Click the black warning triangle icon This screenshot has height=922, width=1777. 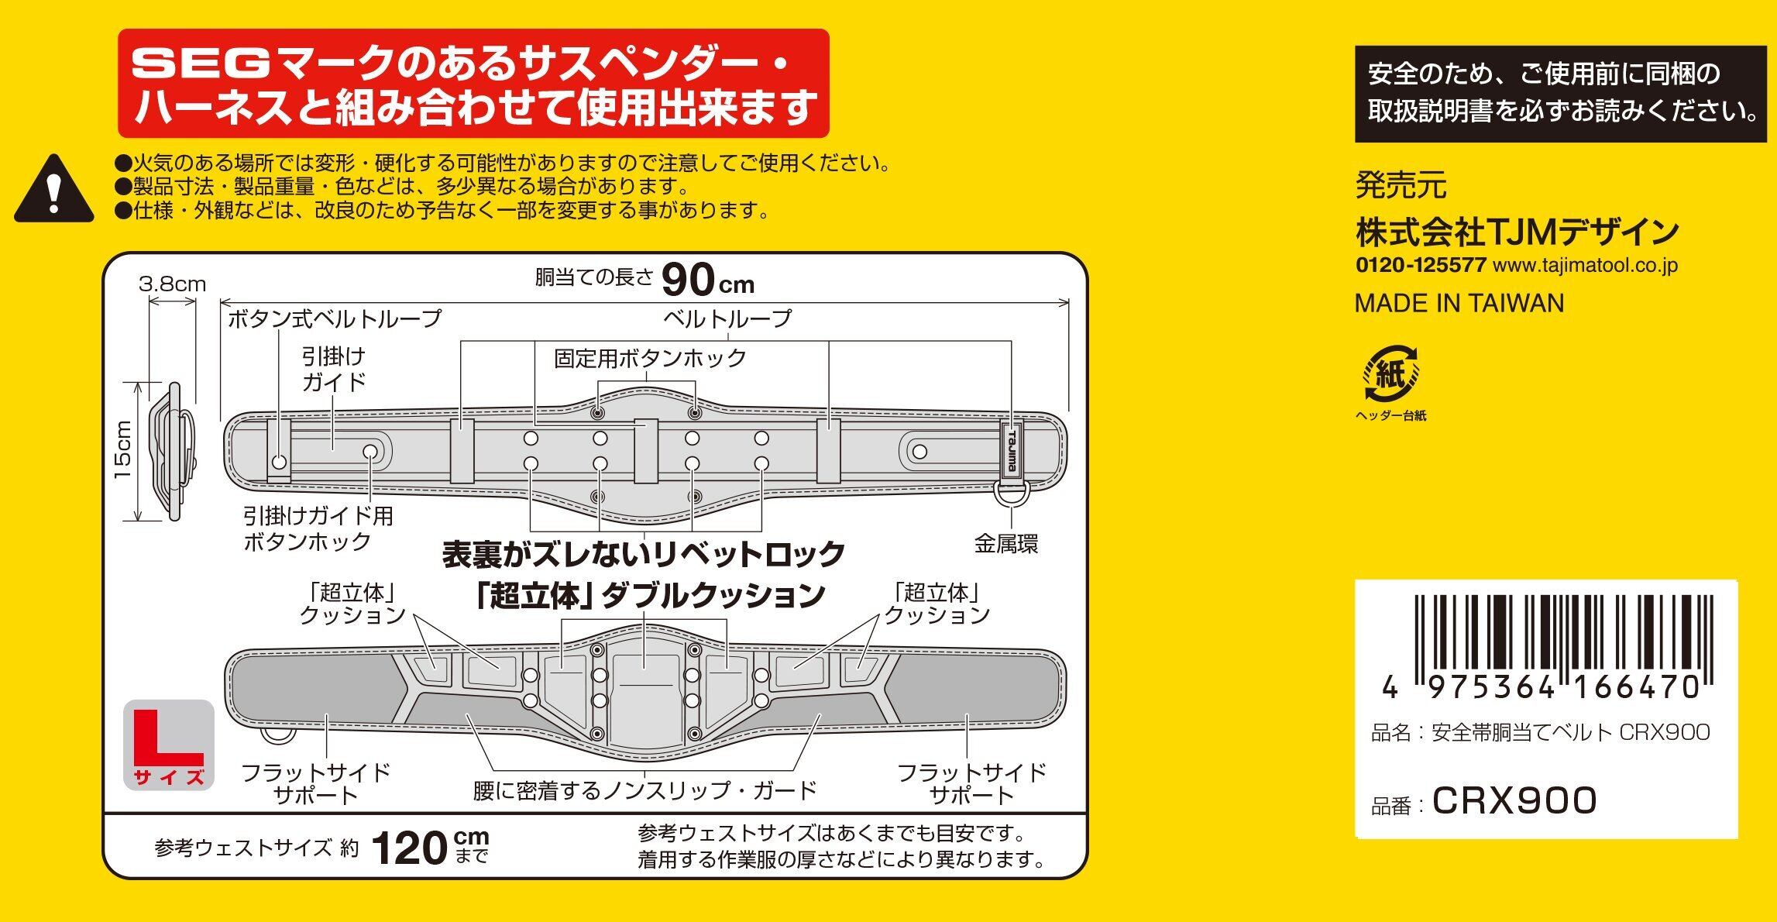(x=53, y=191)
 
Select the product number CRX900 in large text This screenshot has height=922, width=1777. (x=1514, y=801)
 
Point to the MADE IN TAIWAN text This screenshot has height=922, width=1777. (x=1459, y=303)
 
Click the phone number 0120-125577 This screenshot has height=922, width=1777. (x=1420, y=265)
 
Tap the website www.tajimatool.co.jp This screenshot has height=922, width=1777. (x=1584, y=266)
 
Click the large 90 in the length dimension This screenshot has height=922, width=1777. (x=688, y=280)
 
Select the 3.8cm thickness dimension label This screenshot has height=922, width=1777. (x=172, y=284)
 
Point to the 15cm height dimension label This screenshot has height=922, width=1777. (x=123, y=450)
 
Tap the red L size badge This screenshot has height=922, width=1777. (x=169, y=745)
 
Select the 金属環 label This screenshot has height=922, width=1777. (x=1005, y=544)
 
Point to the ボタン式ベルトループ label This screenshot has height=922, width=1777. (x=334, y=318)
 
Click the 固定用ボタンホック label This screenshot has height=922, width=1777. (x=649, y=359)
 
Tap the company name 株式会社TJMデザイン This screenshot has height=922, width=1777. (x=1517, y=231)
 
